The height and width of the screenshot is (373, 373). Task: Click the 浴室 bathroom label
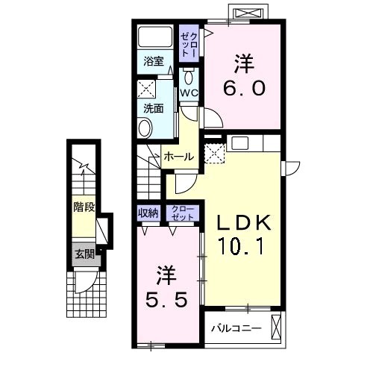[x=154, y=61]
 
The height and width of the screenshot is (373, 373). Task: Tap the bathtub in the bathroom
[x=155, y=37]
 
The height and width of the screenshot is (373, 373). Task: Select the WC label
[x=189, y=93]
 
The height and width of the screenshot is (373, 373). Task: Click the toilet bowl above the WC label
[x=189, y=78]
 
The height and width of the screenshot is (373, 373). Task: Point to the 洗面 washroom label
[x=154, y=108]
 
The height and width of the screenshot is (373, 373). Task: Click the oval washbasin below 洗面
[x=145, y=128]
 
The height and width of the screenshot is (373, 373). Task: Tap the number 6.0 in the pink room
[x=244, y=89]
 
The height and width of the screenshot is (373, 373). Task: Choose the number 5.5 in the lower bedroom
[x=166, y=300]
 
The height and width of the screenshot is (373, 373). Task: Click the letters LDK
[x=244, y=222]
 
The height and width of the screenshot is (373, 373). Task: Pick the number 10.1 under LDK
[x=240, y=246]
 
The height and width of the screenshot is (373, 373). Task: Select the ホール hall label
[x=179, y=157]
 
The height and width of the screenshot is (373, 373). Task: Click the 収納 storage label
[x=148, y=213]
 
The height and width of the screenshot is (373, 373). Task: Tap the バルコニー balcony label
[x=236, y=328]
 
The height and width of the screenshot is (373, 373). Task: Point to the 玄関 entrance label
[x=85, y=254]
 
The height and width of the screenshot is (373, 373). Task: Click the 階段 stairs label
[x=84, y=207]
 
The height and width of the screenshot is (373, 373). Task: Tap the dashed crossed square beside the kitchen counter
[x=214, y=154]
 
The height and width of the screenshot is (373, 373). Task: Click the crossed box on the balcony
[x=276, y=327]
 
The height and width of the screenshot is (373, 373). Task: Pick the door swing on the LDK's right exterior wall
[x=292, y=169]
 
